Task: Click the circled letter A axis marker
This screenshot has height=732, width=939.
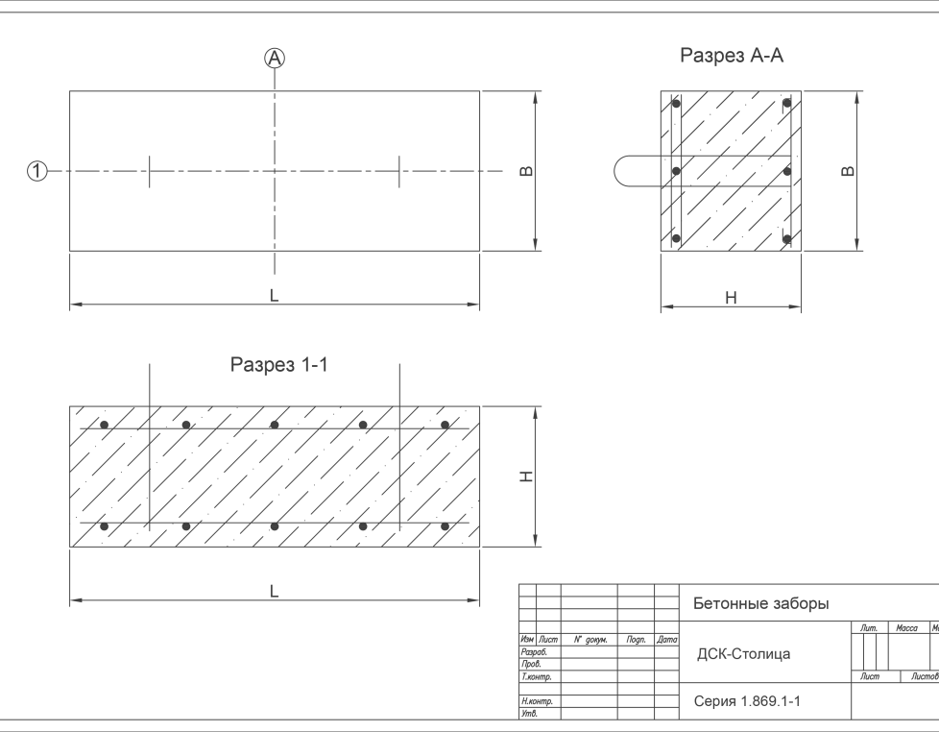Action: point(276,59)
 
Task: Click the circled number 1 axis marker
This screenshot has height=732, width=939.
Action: point(36,172)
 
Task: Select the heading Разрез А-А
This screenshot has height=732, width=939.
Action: point(732,56)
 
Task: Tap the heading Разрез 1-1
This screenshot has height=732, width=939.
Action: point(279,365)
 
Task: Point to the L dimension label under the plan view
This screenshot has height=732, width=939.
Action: point(275,296)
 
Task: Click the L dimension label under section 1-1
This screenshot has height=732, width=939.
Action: point(275,592)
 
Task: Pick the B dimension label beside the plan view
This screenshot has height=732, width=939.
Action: point(526,172)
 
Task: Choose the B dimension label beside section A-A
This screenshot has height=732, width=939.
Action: point(847,172)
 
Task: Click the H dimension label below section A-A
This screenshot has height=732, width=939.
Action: point(731,299)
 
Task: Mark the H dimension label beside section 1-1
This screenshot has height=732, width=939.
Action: point(526,476)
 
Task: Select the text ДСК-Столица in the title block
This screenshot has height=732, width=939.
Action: point(743,654)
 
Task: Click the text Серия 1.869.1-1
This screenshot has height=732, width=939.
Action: point(747,702)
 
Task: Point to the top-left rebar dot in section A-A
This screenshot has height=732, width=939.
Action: point(676,103)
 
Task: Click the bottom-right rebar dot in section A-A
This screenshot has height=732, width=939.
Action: point(786,238)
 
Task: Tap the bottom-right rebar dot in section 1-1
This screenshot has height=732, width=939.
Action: point(445,527)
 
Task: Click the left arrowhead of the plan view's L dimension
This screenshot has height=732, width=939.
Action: point(74,305)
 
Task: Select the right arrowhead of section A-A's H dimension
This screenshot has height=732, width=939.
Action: point(797,308)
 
